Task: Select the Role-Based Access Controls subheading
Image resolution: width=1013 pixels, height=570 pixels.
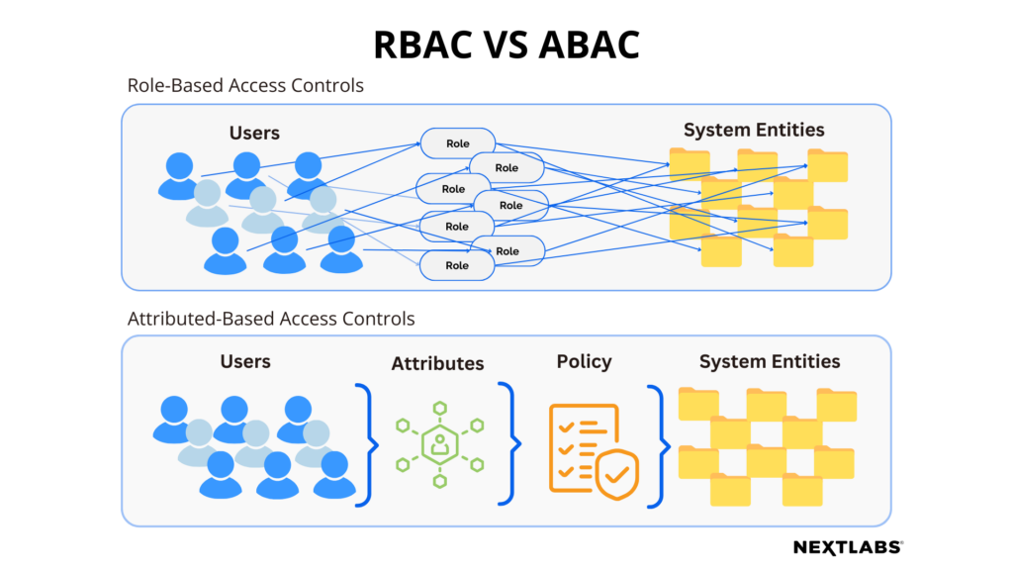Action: [x=245, y=85]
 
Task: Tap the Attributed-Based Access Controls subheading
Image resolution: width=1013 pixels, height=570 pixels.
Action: [x=271, y=319]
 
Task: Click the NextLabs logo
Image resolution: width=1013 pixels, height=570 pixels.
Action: [x=848, y=546]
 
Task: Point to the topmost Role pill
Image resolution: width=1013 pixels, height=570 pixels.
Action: [x=458, y=143]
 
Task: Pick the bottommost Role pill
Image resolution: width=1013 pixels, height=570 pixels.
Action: [x=457, y=265]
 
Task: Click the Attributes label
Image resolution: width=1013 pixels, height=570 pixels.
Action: [x=437, y=363]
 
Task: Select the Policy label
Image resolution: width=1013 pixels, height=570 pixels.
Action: [x=584, y=361]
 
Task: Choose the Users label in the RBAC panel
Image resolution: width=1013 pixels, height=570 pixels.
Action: [x=254, y=133]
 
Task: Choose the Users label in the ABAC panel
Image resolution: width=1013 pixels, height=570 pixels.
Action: [x=245, y=361]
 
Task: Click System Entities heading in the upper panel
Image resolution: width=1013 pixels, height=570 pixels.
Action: [x=754, y=130]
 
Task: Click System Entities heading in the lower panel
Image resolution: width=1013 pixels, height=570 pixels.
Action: [x=769, y=361]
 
